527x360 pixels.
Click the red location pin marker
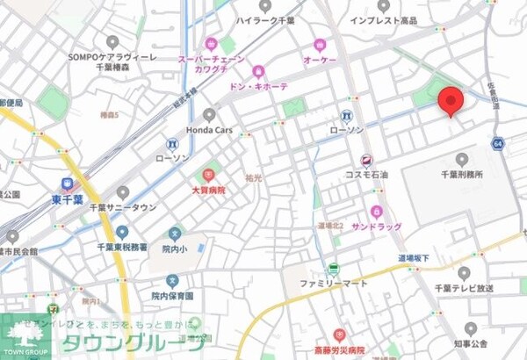coord(451,101)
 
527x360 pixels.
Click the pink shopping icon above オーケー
coord(319,44)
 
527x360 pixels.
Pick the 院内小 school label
coord(176,248)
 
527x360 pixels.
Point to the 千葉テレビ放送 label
coord(465,288)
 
